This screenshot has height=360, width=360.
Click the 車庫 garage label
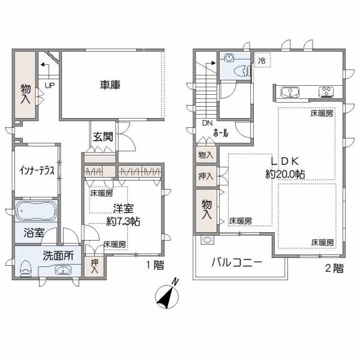pos(110,85)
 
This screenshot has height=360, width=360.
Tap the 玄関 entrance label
pos(103,137)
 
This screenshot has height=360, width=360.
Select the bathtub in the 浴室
pos(36,211)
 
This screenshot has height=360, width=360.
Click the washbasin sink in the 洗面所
pos(63,270)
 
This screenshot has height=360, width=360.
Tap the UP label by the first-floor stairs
pos(50,86)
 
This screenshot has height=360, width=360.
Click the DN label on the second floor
pos(207,123)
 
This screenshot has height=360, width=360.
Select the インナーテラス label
pos(37,170)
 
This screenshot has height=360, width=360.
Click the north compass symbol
pos(167,295)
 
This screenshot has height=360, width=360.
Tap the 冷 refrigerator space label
pos(262,61)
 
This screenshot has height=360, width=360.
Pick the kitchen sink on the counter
pos(290,92)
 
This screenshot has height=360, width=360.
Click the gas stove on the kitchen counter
pos(326,92)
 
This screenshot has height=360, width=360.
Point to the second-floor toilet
pos(243,70)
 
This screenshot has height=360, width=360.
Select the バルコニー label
pos(236,262)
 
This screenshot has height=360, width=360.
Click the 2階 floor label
pos(335,268)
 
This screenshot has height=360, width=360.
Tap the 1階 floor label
pos(155,265)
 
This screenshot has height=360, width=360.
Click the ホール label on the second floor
pos(221,133)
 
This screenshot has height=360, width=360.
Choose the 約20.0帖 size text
pos(285,174)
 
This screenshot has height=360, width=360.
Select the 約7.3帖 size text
pos(123,221)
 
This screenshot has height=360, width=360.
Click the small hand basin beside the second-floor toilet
pos(229,58)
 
